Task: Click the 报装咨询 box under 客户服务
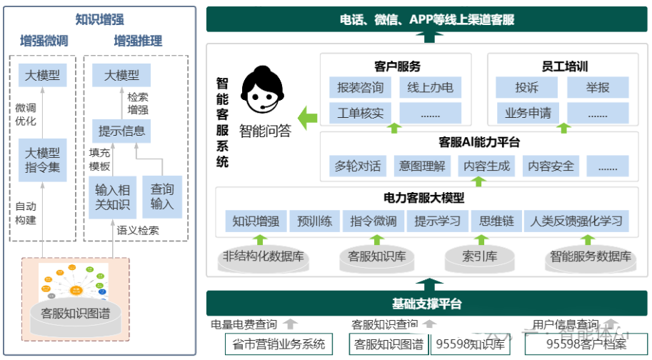click(x=360, y=88)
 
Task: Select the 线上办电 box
click(x=430, y=88)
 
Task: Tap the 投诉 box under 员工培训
click(x=527, y=88)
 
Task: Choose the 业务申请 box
click(x=527, y=113)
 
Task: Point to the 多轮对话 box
click(x=357, y=166)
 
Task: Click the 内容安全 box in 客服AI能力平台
click(x=551, y=166)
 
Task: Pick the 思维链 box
click(x=496, y=221)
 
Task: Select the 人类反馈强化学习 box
click(x=576, y=221)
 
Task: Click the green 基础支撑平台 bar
click(x=427, y=304)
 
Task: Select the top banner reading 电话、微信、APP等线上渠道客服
click(x=427, y=20)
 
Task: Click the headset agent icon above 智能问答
click(x=263, y=94)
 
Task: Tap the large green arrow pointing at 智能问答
click(x=307, y=117)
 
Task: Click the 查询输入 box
click(x=162, y=196)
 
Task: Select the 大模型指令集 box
click(x=43, y=161)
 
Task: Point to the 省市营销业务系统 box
click(x=279, y=344)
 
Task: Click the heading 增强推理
click(x=138, y=41)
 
